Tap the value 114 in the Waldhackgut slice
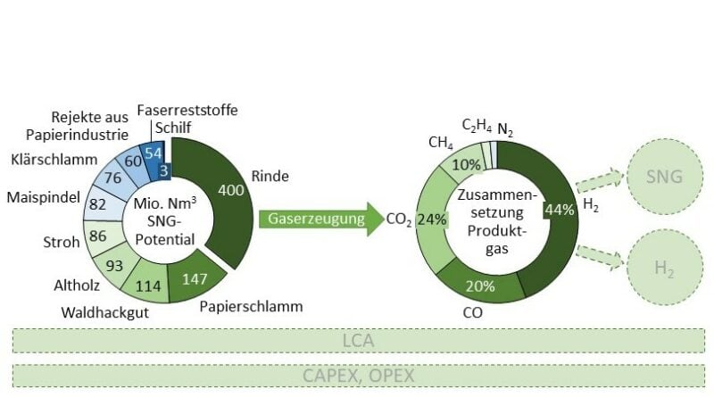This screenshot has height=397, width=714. [x=148, y=285]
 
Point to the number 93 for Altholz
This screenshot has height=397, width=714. [x=114, y=266]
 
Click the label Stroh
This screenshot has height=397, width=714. [x=62, y=242]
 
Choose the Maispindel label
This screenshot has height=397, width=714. [x=43, y=197]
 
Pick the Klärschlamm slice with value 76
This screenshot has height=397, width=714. [x=112, y=177]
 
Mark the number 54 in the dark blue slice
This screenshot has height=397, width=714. [x=154, y=153]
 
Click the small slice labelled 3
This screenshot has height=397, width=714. [x=164, y=170]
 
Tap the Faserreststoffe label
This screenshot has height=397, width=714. [x=187, y=110]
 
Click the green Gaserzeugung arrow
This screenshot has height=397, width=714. [x=322, y=219]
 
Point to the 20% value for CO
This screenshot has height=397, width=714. [x=480, y=285]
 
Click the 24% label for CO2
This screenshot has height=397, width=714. [x=432, y=219]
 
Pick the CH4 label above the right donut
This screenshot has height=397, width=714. [x=440, y=143]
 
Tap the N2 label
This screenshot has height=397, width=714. [x=505, y=129]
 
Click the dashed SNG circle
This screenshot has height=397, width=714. [x=665, y=178]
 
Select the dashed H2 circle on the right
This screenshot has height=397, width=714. [x=665, y=267]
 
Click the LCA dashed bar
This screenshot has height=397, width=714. [x=359, y=341]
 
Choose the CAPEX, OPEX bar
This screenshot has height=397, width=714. [x=359, y=376]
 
